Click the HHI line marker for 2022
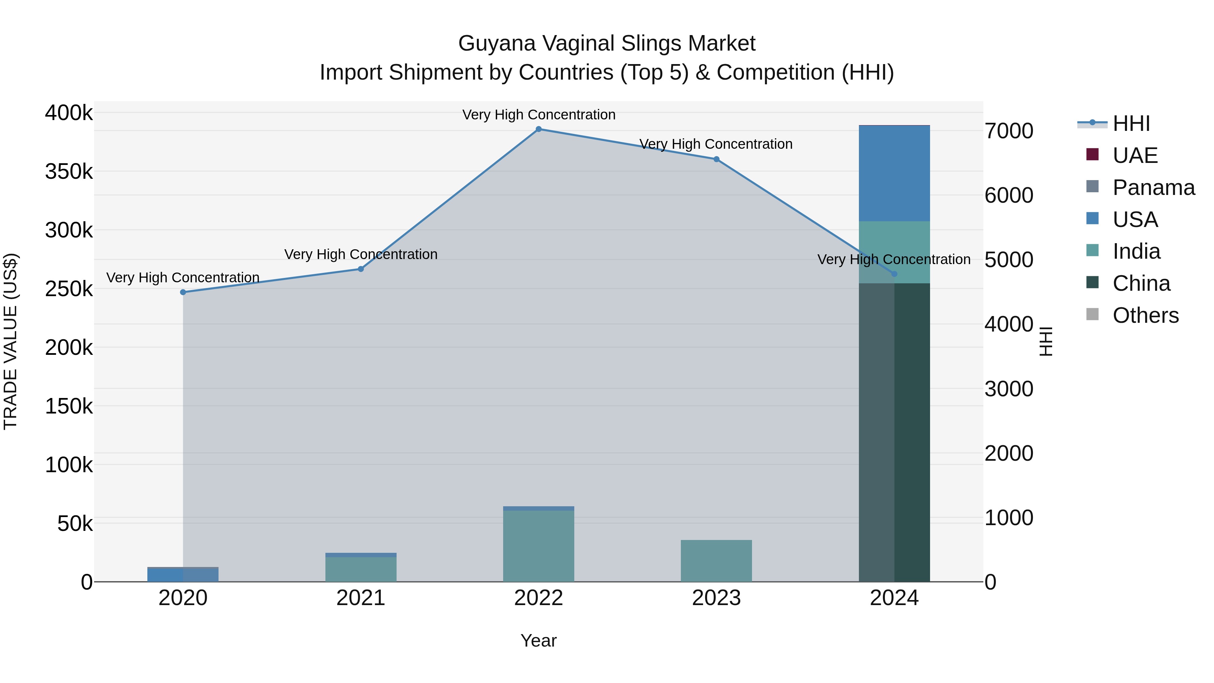tap(539, 129)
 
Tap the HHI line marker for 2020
tap(183, 292)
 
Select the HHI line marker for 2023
tap(716, 159)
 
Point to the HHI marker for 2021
tap(361, 269)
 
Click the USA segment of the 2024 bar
tap(894, 173)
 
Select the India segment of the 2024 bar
tap(894, 252)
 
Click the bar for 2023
tap(716, 561)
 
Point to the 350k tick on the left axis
tap(69, 172)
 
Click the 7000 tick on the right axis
tap(1009, 131)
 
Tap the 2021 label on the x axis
tap(361, 598)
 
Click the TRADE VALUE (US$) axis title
tap(10, 341)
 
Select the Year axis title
tap(539, 641)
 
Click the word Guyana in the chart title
tap(497, 44)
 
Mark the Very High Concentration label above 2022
tap(539, 115)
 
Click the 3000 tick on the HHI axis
tap(1009, 389)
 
